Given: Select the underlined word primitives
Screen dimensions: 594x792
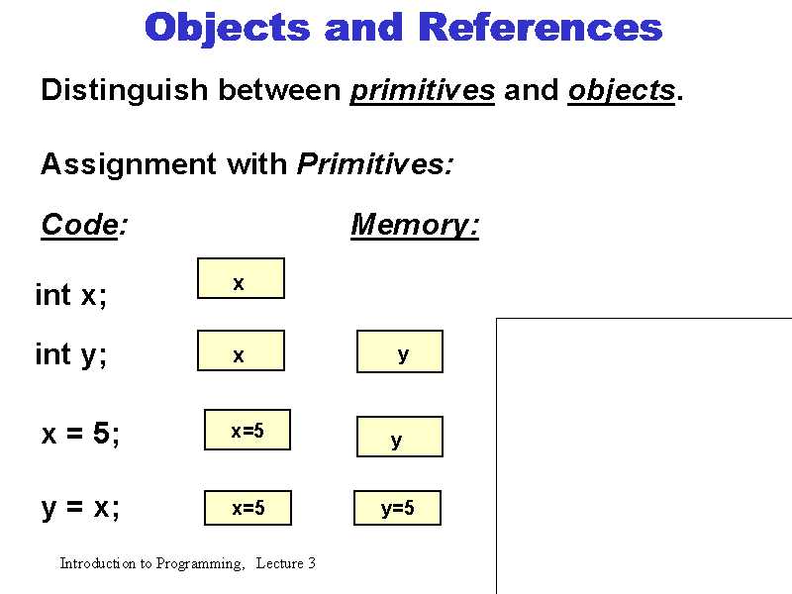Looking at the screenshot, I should pyautogui.click(x=423, y=90).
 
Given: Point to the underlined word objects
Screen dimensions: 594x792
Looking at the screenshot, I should pyautogui.click(x=621, y=90).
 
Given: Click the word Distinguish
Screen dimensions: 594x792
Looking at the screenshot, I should pyautogui.click(x=125, y=90).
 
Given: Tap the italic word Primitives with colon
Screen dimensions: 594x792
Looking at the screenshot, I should pyautogui.click(x=375, y=163).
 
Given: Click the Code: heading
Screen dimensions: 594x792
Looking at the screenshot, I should pyautogui.click(x=84, y=226).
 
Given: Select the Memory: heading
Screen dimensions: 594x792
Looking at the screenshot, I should pyautogui.click(x=415, y=226).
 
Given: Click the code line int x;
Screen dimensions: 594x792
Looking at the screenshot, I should pyautogui.click(x=71, y=295).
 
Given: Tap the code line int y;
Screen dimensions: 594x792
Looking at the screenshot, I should pyautogui.click(x=71, y=354).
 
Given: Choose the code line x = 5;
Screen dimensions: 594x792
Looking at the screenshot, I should pyautogui.click(x=81, y=434).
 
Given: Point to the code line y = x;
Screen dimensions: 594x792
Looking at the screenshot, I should pyautogui.click(x=81, y=508).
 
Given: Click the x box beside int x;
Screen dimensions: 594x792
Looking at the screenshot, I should pyautogui.click(x=241, y=278).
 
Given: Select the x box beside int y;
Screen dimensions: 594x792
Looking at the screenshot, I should pyautogui.click(x=241, y=351).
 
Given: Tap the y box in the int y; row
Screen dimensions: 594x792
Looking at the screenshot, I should pyautogui.click(x=400, y=351).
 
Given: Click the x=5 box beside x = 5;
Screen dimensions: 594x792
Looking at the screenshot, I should pyautogui.click(x=247, y=430).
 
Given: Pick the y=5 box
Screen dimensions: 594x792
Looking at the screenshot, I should pyautogui.click(x=398, y=509).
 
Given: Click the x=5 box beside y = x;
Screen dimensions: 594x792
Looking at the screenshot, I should pyautogui.click(x=247, y=508).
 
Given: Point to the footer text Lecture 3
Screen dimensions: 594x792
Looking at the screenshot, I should pyautogui.click(x=285, y=563).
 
